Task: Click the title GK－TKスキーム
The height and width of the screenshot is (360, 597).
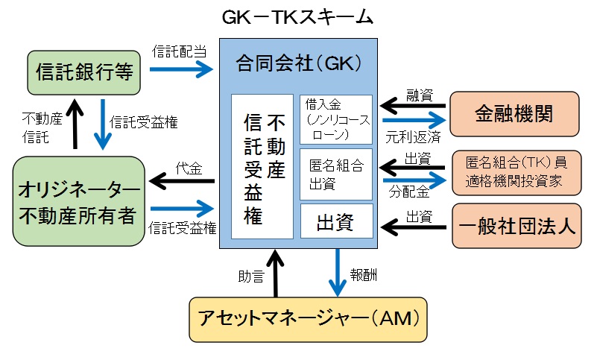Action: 297,17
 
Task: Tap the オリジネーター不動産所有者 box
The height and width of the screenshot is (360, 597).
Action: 78,200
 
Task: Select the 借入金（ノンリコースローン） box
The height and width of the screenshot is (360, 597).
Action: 335,119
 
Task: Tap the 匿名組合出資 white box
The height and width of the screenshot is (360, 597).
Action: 335,174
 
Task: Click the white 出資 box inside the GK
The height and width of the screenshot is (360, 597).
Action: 335,221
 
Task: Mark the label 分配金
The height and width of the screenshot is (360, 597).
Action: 408,192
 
